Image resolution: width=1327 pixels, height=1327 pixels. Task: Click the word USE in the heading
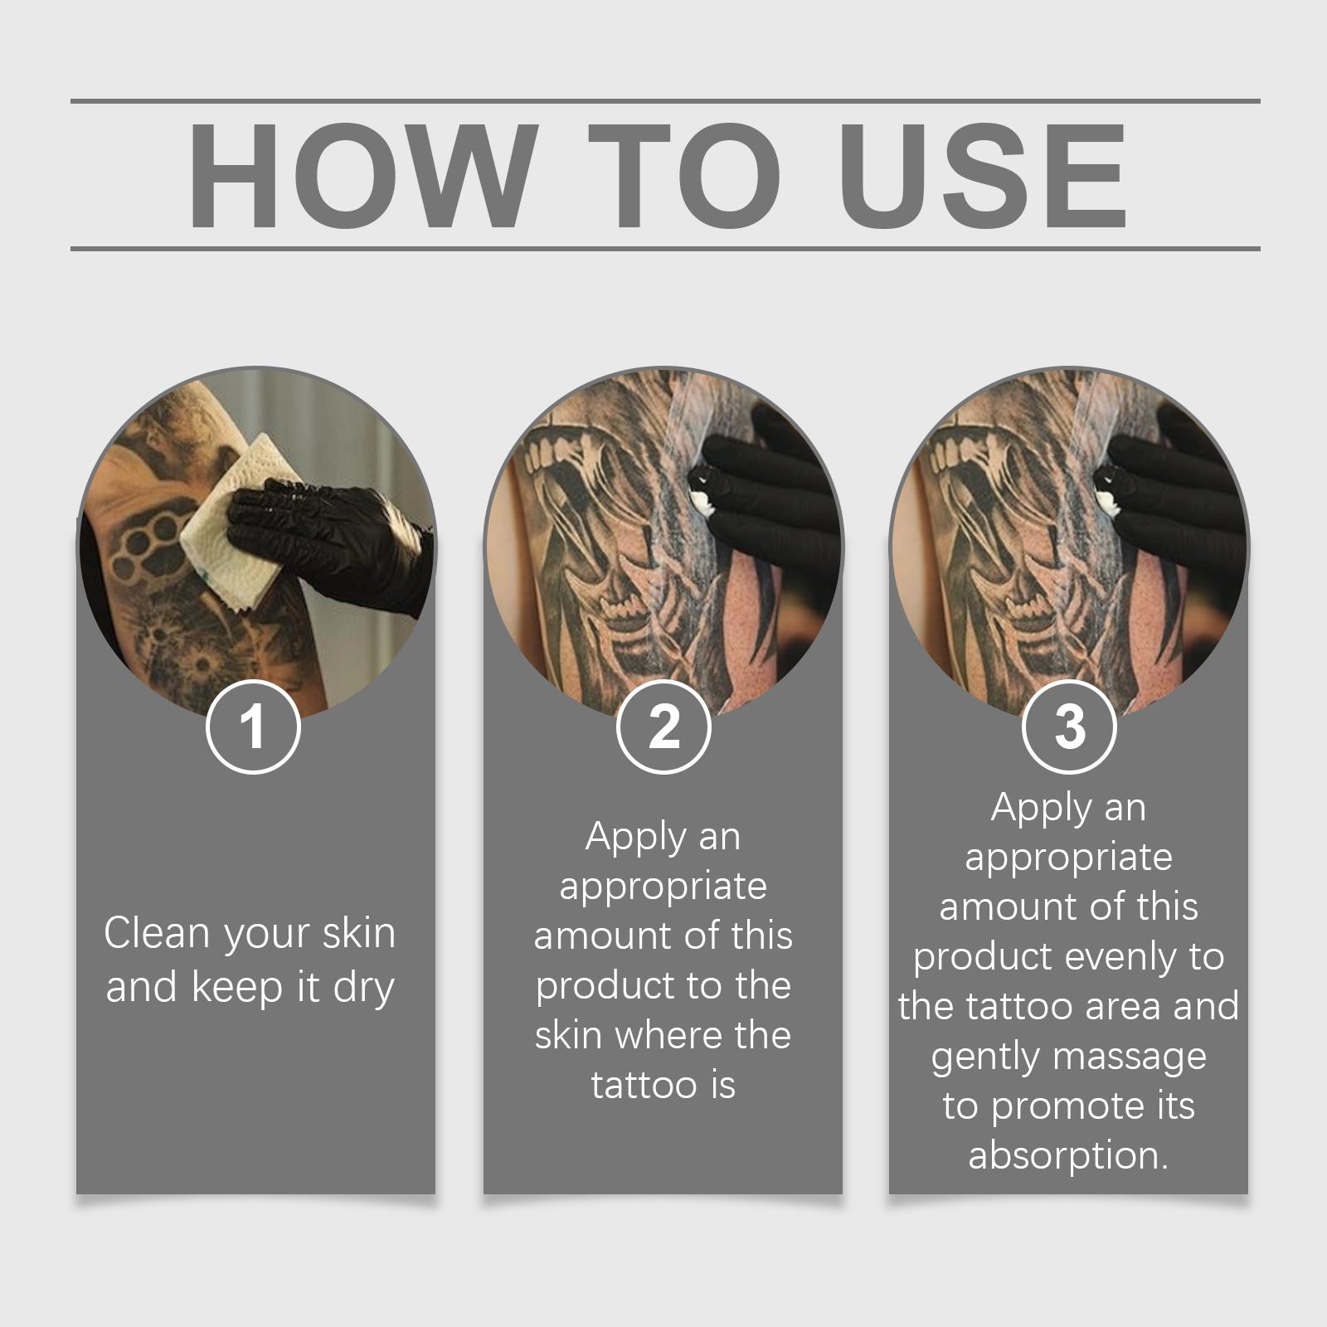click(983, 176)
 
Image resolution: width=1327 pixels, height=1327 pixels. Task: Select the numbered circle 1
click(253, 727)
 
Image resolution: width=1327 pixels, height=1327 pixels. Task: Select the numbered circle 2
click(663, 727)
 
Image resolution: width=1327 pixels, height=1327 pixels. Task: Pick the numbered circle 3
click(1070, 727)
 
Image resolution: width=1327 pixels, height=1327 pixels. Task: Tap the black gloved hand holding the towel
click(332, 539)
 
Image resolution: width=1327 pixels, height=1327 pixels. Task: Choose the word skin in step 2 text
click(569, 1036)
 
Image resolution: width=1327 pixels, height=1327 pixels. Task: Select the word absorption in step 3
click(1068, 1155)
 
